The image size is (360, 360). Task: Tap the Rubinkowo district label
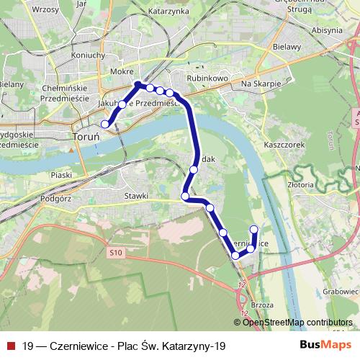[207, 77]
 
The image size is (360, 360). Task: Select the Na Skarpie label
[259, 84]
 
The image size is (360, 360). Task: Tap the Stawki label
[136, 195]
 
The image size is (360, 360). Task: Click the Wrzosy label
[45, 10]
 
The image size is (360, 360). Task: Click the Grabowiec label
[341, 292]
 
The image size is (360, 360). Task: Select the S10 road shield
[117, 252]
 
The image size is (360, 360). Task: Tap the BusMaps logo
[321, 346]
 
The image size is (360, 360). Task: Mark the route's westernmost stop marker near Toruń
[105, 124]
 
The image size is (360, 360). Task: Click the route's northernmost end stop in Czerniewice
[253, 230]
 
